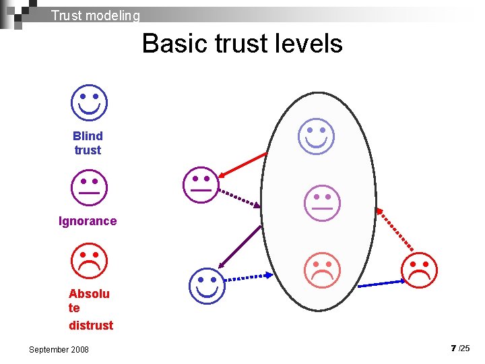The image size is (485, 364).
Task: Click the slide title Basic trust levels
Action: (242, 44)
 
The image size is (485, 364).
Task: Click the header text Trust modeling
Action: (95, 15)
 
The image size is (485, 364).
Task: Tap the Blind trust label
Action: (88, 143)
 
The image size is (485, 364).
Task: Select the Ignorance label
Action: (88, 221)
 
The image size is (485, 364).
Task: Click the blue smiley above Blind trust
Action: (89, 102)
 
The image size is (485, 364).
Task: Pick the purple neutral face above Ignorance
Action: (89, 186)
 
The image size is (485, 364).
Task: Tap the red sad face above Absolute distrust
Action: (89, 262)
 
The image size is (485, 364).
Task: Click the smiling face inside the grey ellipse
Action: (317, 135)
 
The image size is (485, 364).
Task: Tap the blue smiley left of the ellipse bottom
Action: (206, 284)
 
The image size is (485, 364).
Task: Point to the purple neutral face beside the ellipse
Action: (201, 183)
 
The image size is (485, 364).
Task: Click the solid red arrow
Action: (243, 164)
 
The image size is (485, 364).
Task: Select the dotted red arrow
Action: (395, 231)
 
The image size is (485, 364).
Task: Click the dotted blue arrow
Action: (247, 277)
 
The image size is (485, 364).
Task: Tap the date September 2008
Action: (59, 349)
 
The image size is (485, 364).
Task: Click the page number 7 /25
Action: (460, 348)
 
